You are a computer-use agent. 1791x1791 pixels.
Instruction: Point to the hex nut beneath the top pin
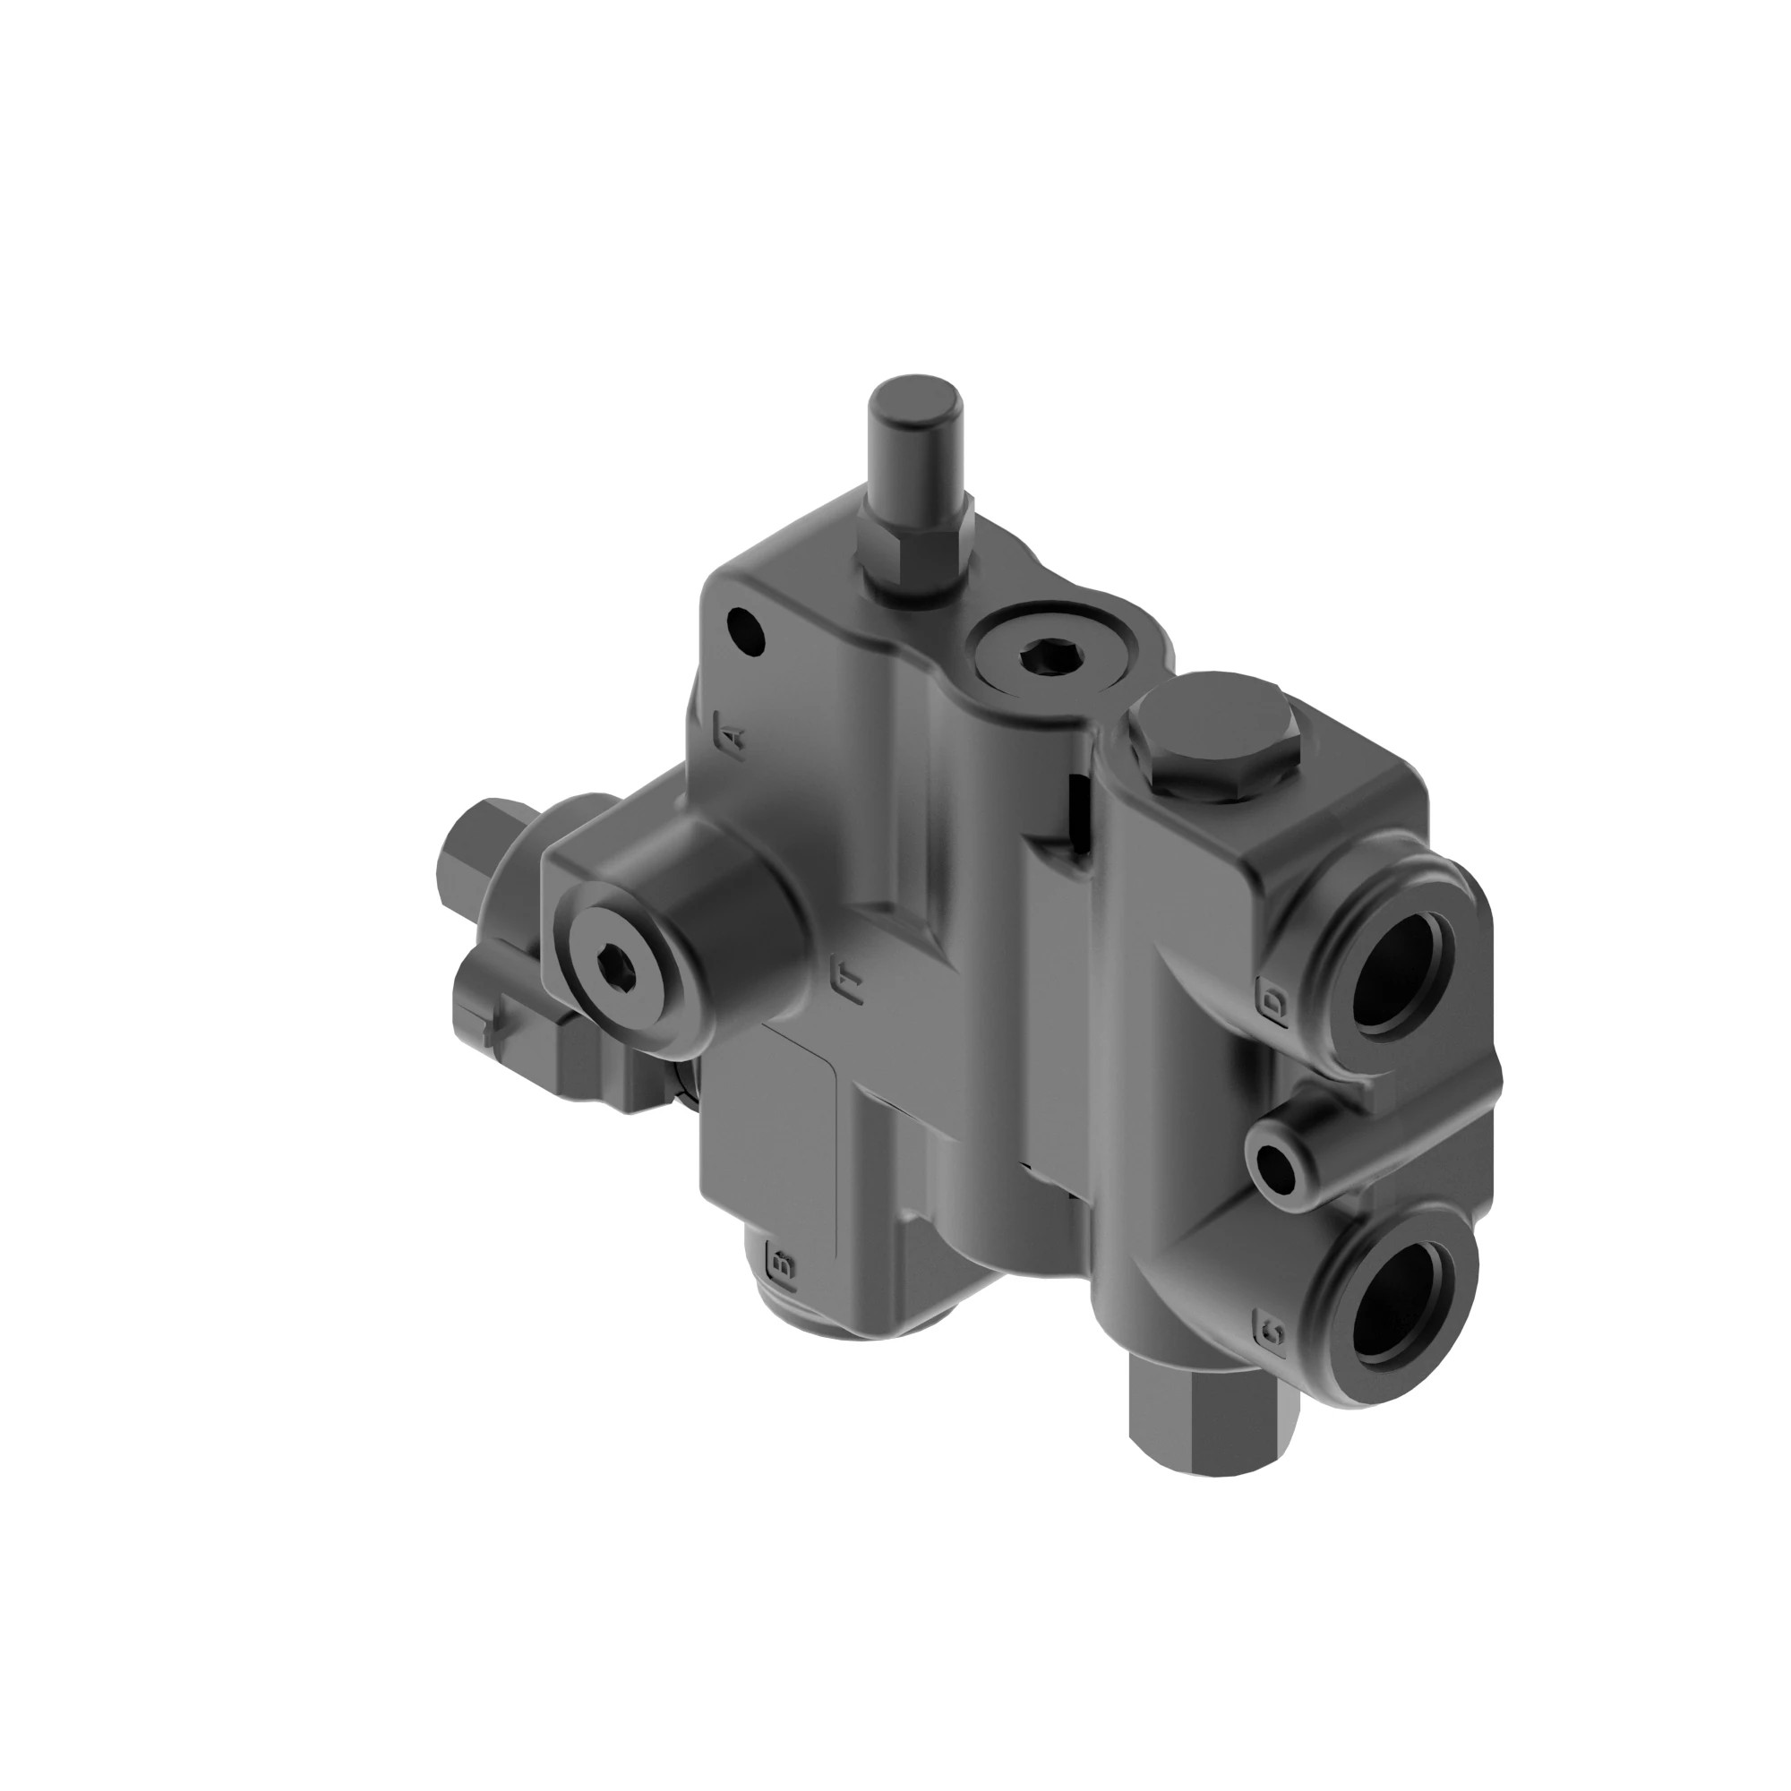pos(913,553)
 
